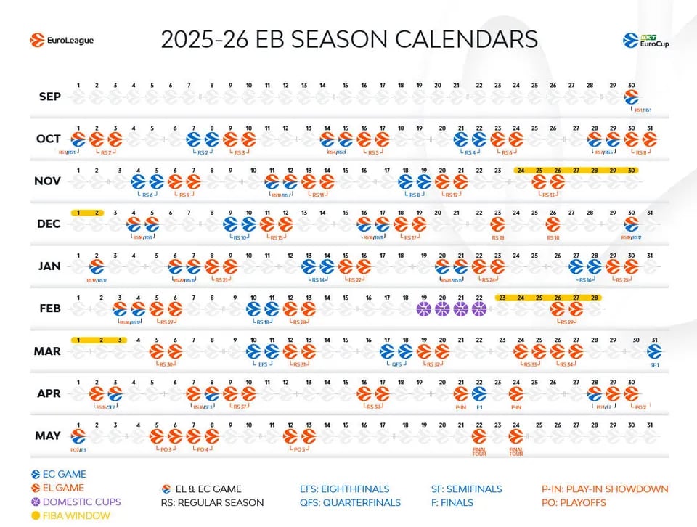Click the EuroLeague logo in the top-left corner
click(62, 41)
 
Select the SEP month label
click(50, 97)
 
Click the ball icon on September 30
click(632, 97)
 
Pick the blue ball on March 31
click(655, 351)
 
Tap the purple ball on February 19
click(424, 309)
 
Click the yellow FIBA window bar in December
click(87, 212)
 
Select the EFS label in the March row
click(263, 365)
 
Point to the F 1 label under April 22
click(479, 407)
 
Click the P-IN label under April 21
click(460, 407)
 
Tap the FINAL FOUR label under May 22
click(478, 452)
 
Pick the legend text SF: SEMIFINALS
click(466, 489)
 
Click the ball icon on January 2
click(97, 267)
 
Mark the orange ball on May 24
click(516, 436)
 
